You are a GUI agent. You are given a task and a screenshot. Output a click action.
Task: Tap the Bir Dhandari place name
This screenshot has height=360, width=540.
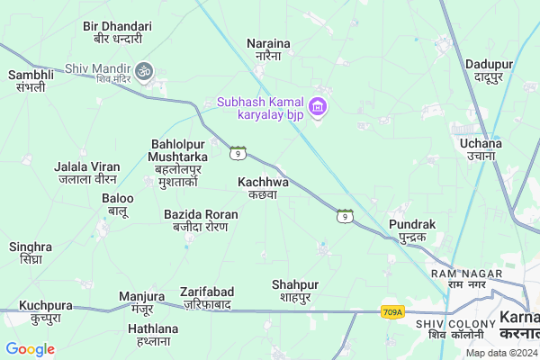(x=118, y=33)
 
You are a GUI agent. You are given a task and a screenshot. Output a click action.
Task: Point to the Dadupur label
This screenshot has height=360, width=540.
(x=489, y=70)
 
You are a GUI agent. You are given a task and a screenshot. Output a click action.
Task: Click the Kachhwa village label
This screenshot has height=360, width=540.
(x=263, y=187)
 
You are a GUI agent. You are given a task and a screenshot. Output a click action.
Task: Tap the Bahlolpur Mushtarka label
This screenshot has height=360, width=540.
(x=178, y=163)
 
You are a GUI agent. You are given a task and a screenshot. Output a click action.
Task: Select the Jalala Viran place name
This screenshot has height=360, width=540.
(x=87, y=173)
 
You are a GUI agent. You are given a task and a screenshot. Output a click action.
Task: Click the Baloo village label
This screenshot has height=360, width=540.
(x=118, y=204)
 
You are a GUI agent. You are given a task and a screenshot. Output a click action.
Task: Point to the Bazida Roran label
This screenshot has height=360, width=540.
(x=201, y=220)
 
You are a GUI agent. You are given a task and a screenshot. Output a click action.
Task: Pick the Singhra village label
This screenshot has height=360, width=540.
(x=31, y=253)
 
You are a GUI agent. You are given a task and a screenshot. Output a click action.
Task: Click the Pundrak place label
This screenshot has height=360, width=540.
(x=412, y=229)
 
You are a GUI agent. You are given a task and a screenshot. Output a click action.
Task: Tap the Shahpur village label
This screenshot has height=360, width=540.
(x=295, y=291)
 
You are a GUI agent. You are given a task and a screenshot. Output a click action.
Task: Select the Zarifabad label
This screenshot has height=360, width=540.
(x=206, y=298)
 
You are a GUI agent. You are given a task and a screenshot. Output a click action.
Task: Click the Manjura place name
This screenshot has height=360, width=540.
(x=142, y=301)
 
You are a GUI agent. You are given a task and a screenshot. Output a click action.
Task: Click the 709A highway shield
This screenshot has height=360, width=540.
(x=392, y=312)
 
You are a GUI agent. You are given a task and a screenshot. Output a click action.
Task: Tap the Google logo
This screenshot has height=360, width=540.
(x=30, y=349)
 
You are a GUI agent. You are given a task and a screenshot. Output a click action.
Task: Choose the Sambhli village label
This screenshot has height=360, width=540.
(x=31, y=81)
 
